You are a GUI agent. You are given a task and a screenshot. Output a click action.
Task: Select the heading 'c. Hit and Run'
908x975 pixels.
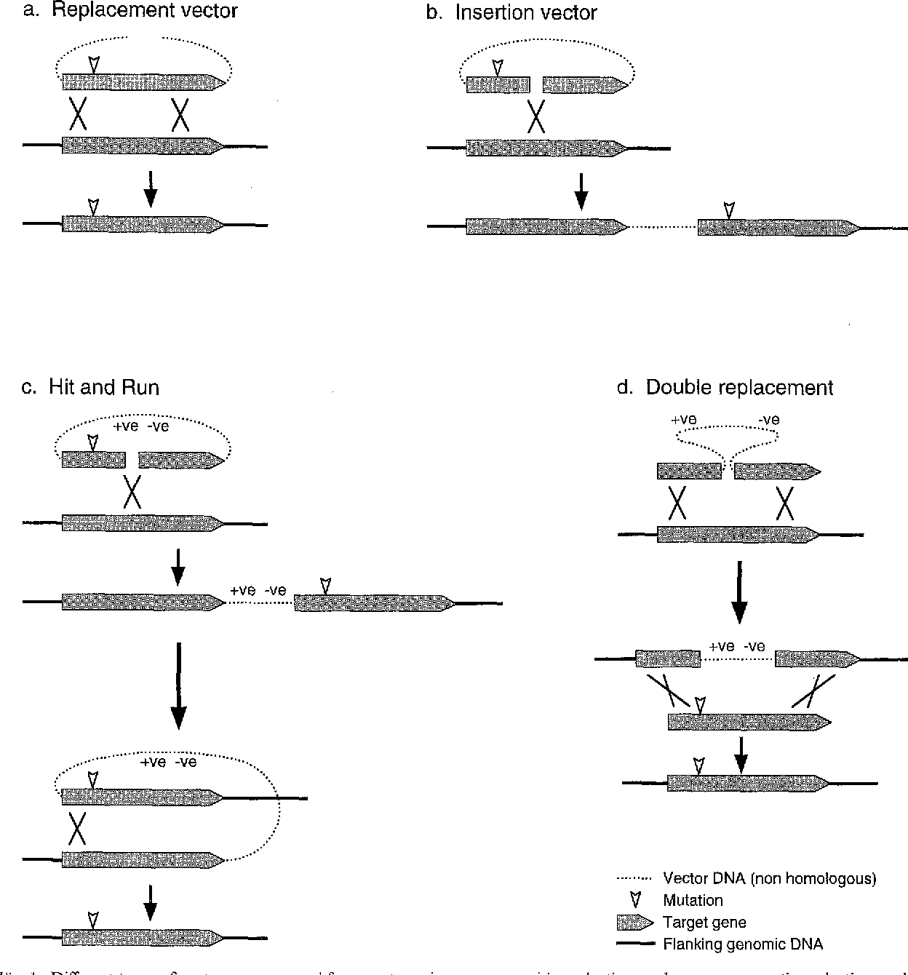[90, 387]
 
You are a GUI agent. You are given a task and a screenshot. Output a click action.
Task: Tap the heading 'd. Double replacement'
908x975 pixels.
[725, 388]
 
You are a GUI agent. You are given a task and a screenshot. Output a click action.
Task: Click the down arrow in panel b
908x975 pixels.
[581, 191]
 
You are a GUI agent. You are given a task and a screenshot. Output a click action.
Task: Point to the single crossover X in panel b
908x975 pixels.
[536, 116]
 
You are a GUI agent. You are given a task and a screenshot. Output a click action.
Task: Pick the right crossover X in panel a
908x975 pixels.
[180, 115]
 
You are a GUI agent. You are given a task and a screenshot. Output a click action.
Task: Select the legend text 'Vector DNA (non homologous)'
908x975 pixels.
[769, 879]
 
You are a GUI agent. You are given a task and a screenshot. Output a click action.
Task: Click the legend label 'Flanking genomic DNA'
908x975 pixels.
[743, 945]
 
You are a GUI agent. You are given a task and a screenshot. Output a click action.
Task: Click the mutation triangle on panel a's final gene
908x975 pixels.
[92, 206]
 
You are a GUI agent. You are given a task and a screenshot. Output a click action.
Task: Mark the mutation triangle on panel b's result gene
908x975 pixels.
[729, 210]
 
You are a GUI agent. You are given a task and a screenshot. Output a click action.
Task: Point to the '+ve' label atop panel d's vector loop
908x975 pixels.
[683, 420]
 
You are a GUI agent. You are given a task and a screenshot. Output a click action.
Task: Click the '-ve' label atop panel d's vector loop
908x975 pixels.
[768, 420]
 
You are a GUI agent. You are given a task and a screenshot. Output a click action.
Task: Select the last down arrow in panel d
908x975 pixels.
[741, 755]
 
